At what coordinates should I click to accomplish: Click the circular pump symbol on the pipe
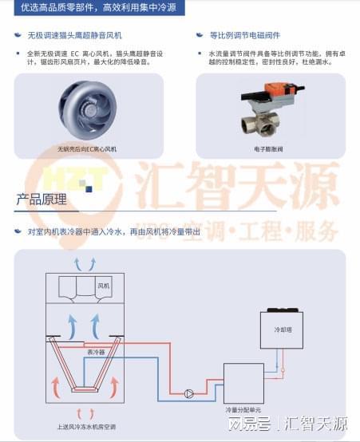point(189,393)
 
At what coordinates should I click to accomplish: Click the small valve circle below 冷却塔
point(280,369)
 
